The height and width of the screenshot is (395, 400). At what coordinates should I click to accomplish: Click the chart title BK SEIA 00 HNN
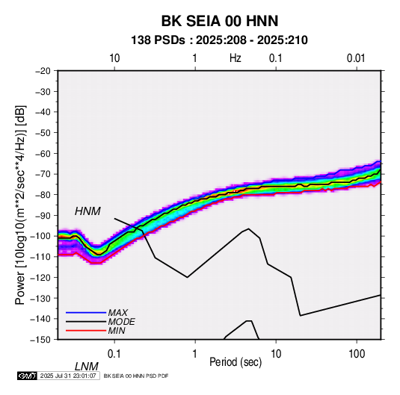[220, 21]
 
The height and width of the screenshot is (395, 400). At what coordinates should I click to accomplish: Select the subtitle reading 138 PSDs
[158, 40]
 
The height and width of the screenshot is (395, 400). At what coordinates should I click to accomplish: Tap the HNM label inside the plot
[87, 211]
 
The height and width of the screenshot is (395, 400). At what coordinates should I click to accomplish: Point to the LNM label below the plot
[87, 367]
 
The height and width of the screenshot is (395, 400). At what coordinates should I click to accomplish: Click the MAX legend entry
[117, 312]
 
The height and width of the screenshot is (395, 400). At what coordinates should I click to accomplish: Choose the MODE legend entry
[121, 322]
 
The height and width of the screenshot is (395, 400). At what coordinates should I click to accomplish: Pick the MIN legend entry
[117, 331]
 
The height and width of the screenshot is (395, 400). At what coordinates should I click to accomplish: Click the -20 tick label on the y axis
[43, 71]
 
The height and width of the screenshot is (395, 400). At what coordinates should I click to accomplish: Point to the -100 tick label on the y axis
[40, 236]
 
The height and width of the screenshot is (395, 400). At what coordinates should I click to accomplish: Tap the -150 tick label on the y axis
[40, 340]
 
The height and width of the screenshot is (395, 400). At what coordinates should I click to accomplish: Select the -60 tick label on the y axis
[43, 153]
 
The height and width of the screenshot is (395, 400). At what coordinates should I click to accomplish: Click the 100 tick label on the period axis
[357, 354]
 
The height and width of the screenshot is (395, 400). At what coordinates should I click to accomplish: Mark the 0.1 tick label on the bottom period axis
[114, 354]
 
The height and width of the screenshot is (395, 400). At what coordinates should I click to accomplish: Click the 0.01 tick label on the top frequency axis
[356, 58]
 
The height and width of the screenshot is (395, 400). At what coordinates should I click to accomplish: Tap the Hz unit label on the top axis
[236, 58]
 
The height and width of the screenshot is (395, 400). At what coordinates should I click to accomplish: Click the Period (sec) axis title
[236, 362]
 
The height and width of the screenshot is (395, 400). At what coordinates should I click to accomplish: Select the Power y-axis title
[20, 205]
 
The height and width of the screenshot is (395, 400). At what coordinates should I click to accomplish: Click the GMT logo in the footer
[27, 376]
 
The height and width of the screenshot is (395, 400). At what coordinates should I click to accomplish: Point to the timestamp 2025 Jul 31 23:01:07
[68, 376]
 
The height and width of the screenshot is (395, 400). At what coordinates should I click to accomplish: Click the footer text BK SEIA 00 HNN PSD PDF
[136, 376]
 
